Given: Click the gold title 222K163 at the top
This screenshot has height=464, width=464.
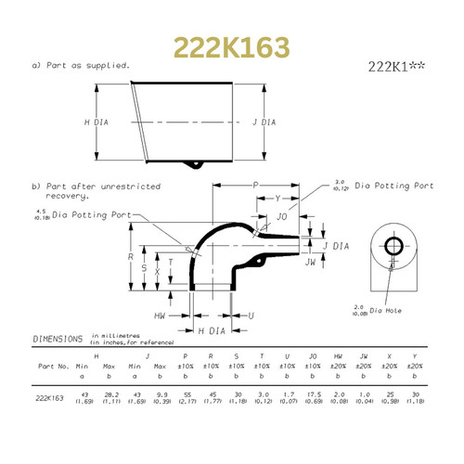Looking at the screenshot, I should tap(231, 47).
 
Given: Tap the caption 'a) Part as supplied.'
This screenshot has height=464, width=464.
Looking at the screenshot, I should tap(80, 65).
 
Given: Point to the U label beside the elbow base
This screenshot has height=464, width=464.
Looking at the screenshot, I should tap(251, 316).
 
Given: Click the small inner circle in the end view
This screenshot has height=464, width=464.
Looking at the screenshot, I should tap(392, 246).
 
